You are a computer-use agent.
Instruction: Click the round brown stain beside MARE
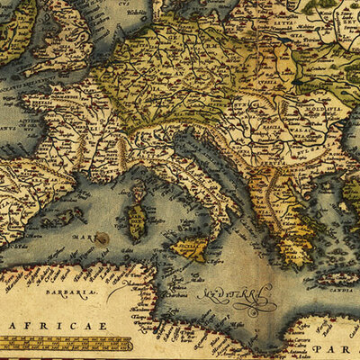click(x=103, y=239)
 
